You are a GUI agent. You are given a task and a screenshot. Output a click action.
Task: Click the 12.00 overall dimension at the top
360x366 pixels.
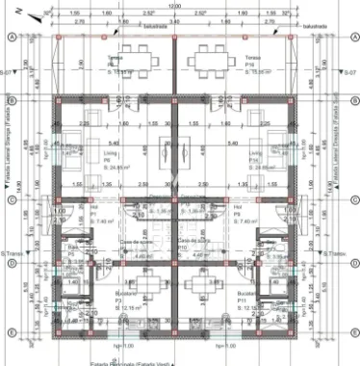click(x=174, y=5)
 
